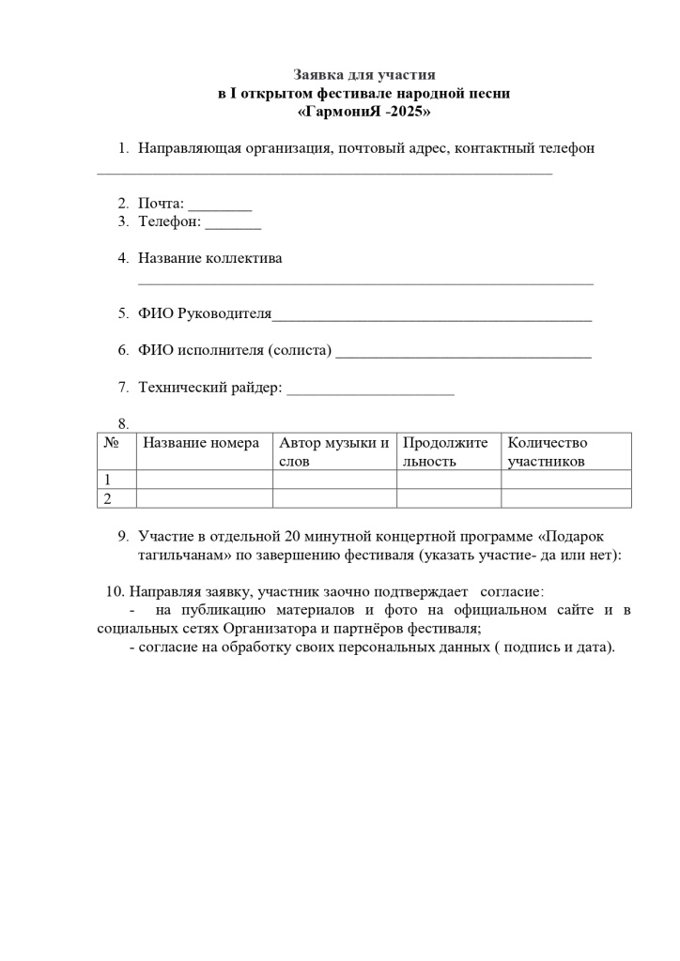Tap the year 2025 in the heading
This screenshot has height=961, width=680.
[x=411, y=112]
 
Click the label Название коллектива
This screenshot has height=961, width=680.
[x=209, y=258]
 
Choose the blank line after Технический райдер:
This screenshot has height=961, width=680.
[x=370, y=389]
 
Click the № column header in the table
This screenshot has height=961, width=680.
[x=111, y=443]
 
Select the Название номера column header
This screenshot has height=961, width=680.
[x=201, y=443]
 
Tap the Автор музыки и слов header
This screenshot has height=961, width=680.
[x=333, y=451]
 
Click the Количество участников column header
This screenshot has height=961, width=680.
[x=547, y=451]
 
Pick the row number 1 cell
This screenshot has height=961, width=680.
[x=108, y=480]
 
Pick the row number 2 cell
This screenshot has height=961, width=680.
[x=108, y=498]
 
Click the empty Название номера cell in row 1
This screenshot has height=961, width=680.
[x=204, y=480]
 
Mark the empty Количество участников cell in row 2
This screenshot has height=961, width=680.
[x=565, y=498]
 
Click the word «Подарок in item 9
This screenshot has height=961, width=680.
[x=573, y=536]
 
